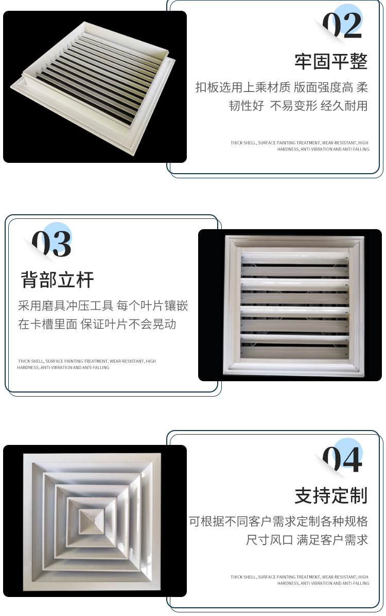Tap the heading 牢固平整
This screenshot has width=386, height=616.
tap(331, 62)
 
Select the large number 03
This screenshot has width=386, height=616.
tap(51, 244)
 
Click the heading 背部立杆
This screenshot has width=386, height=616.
tap(57, 280)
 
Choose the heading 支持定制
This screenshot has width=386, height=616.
tap(331, 496)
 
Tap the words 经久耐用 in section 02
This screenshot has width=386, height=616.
tap(344, 106)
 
